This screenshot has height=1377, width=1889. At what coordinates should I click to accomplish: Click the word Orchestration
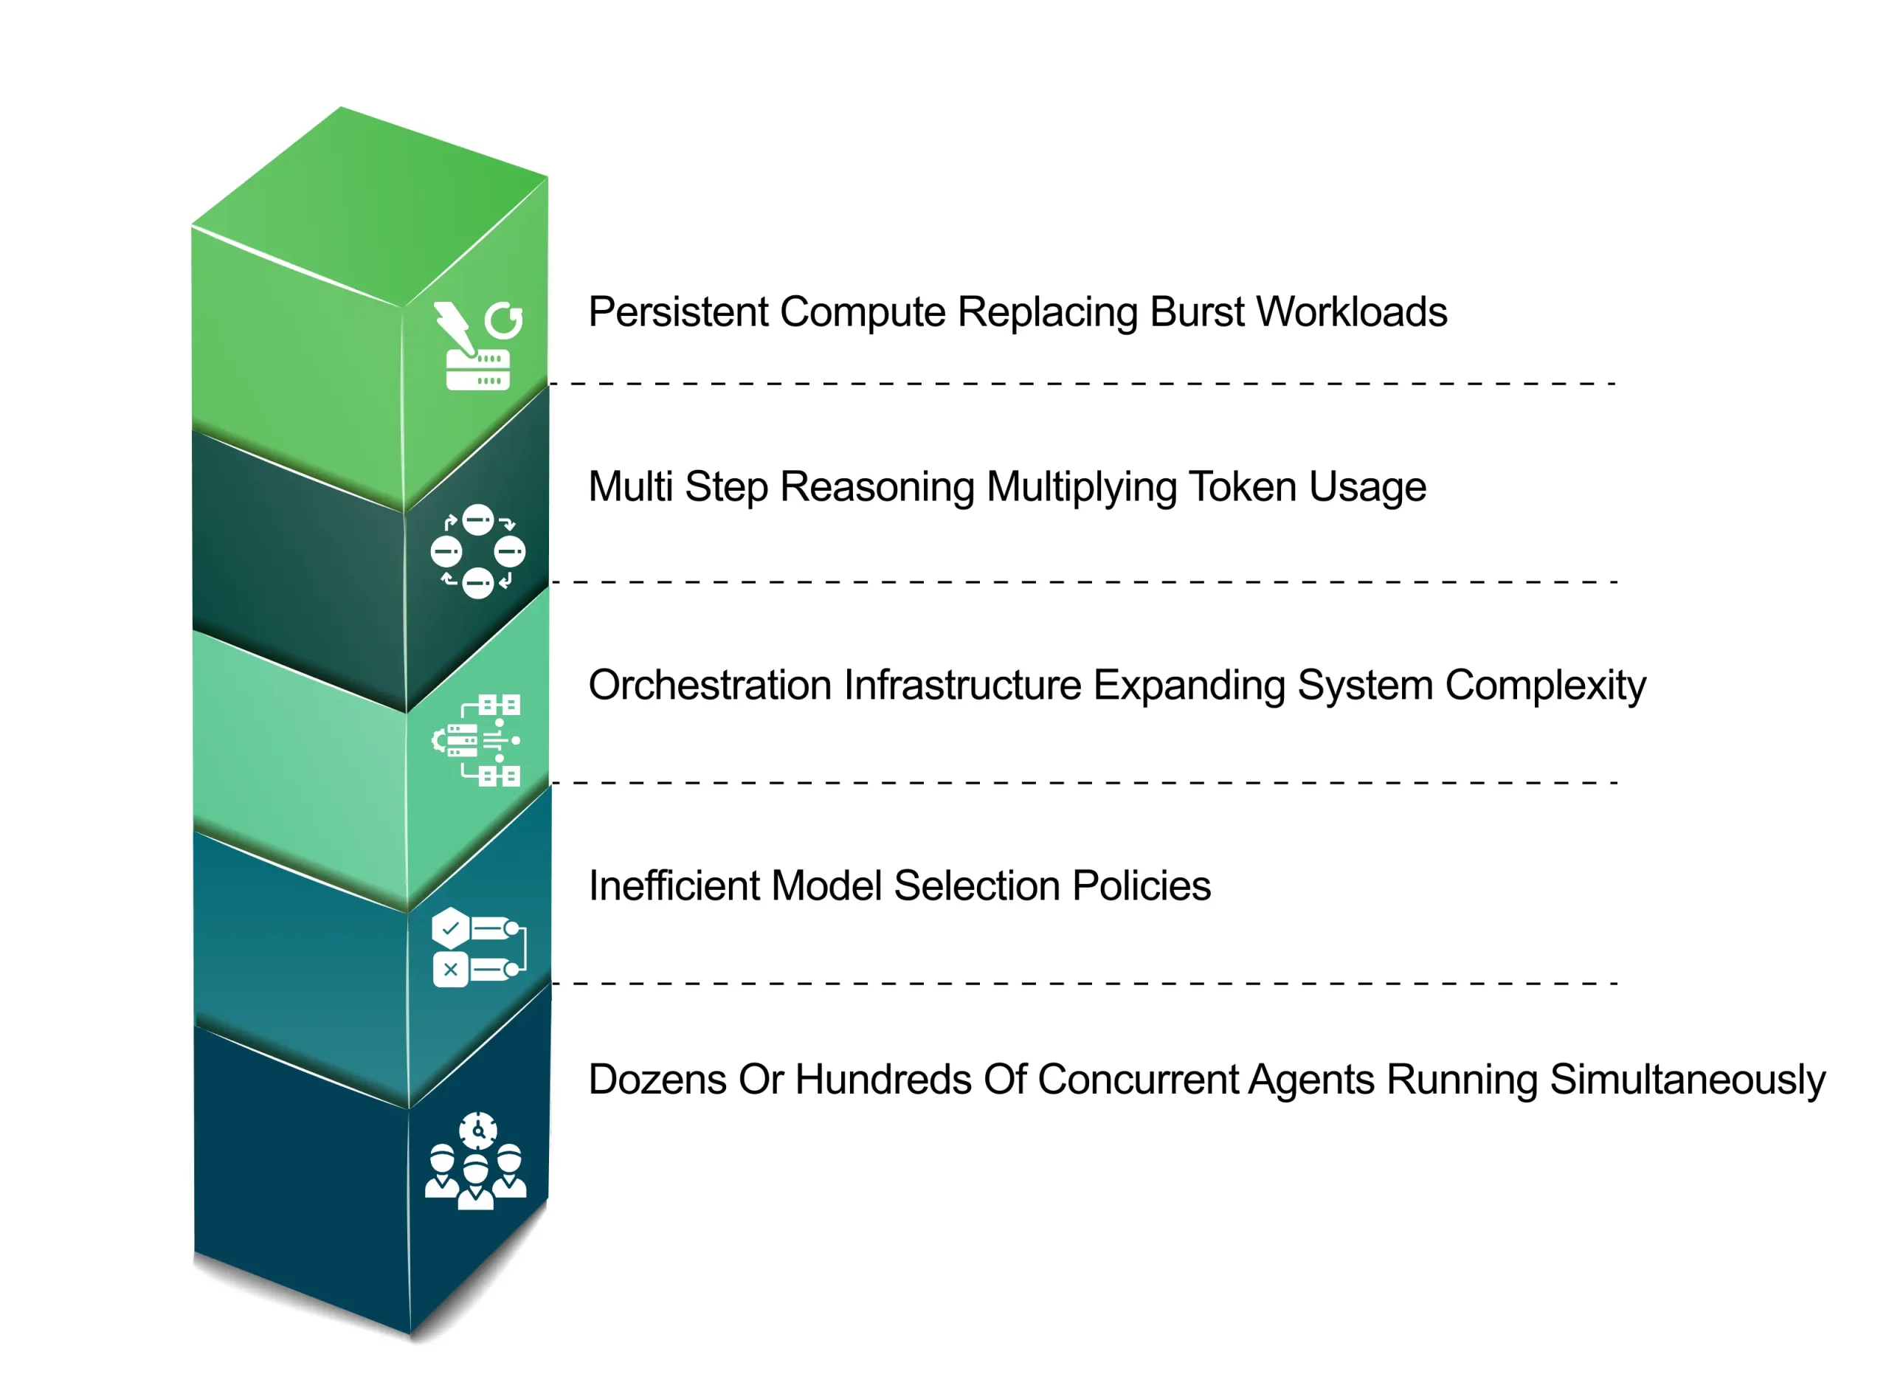pos(710,686)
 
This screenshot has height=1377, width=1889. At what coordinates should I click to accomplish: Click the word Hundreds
pos(883,1080)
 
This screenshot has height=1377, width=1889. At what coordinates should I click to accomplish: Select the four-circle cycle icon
pos(477,552)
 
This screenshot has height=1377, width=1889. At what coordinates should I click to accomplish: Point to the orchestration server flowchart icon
pos(477,740)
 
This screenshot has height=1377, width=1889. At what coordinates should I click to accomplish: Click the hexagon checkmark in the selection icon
pos(451,928)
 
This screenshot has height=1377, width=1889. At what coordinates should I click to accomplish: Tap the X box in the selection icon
pos(451,970)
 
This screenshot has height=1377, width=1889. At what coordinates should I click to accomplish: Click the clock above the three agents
pos(478,1131)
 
